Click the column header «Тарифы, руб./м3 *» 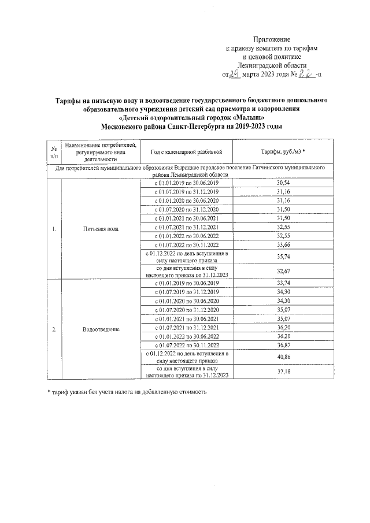[x=283, y=151]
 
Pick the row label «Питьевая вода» [x=101, y=229]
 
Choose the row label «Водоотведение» [x=101, y=329]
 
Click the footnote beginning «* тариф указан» [x=127, y=392]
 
